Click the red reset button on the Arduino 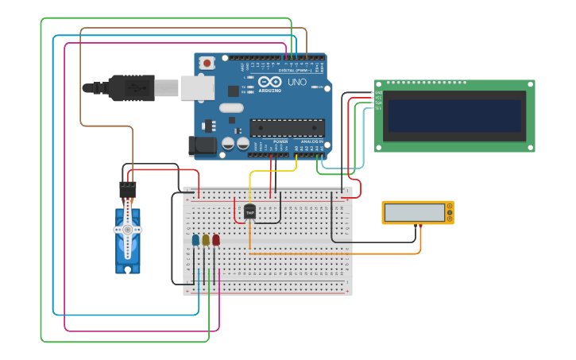click(207, 62)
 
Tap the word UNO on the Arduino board click(296, 82)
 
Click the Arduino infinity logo click(270, 82)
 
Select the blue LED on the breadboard click(195, 239)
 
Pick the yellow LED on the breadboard click(206, 239)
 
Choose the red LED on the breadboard click(215, 239)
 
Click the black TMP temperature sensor click(249, 211)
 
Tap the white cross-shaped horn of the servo click(127, 230)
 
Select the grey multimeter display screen click(414, 212)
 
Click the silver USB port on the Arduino click(197, 87)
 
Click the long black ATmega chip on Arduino click(287, 127)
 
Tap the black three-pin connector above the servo click(127, 190)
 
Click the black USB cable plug click(131, 87)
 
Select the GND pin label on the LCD click(378, 93)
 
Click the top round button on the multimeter click(450, 207)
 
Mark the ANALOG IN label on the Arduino click(311, 141)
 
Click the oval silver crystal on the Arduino click(230, 108)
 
